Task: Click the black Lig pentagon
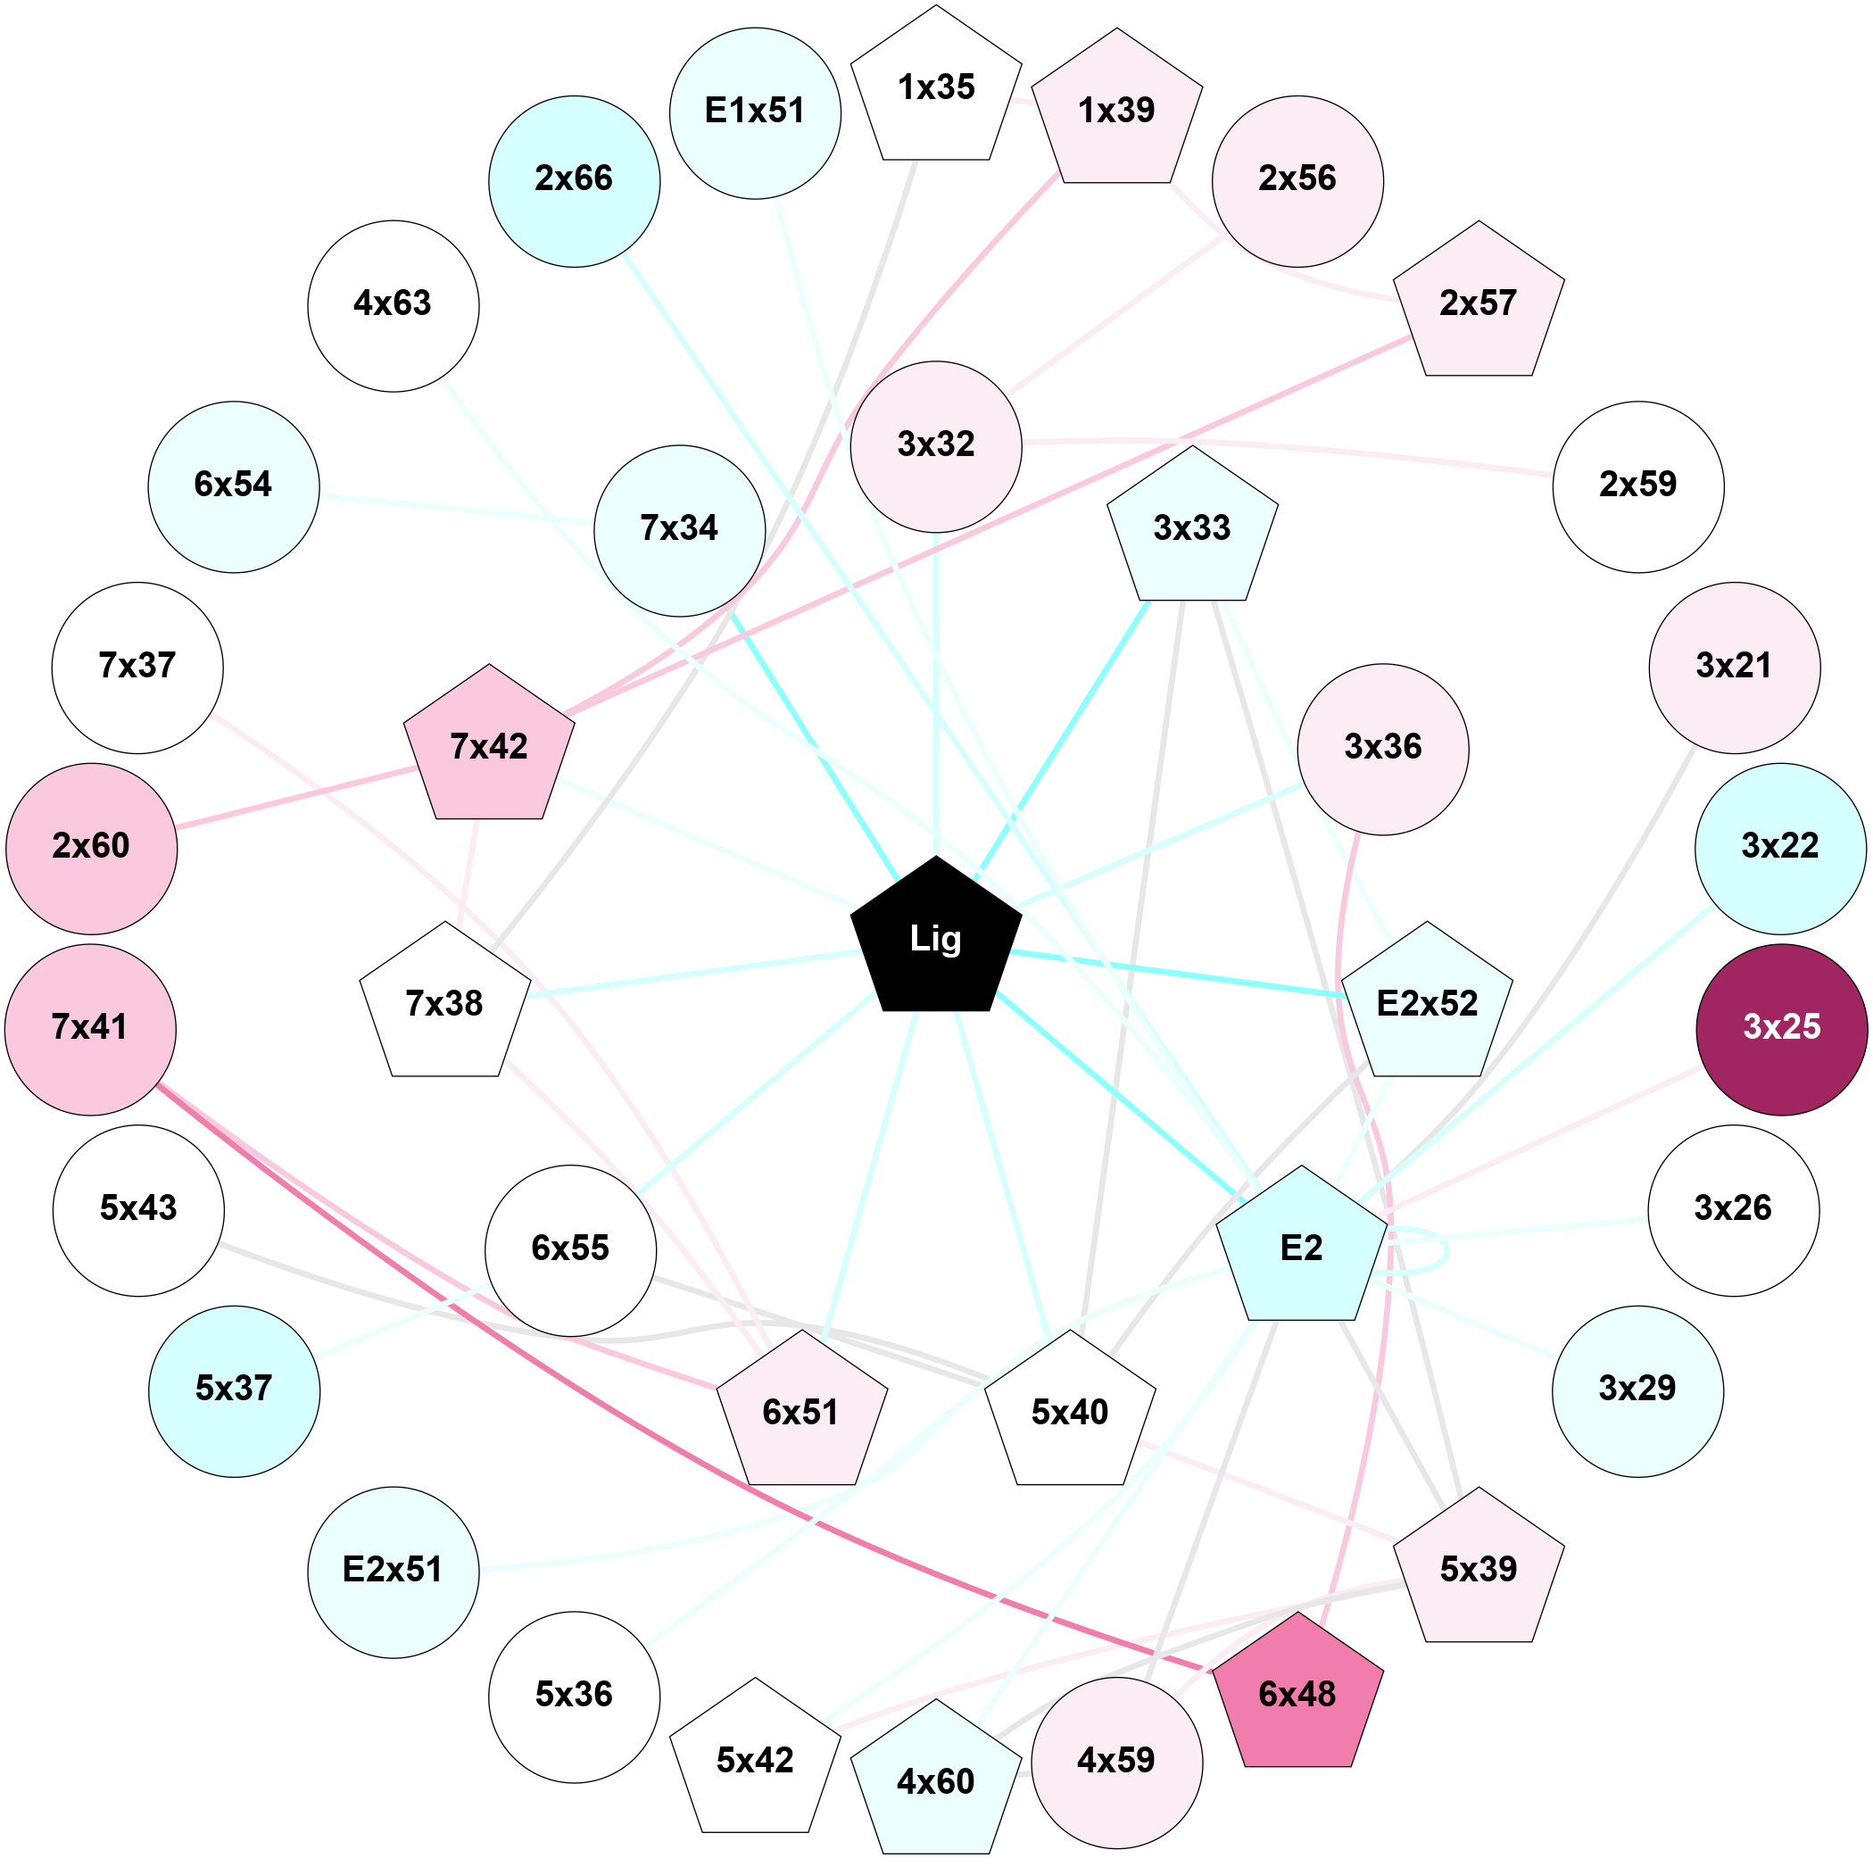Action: (x=935, y=939)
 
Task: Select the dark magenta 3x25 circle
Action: (x=1781, y=1029)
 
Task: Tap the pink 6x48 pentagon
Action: (x=1297, y=1695)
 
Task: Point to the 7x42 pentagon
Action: (x=489, y=746)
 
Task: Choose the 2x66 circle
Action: (x=575, y=181)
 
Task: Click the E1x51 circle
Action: (x=755, y=113)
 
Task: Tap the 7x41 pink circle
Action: (x=90, y=1029)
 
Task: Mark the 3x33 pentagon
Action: (x=1192, y=528)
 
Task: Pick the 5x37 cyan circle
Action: (x=234, y=1390)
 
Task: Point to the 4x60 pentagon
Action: (x=935, y=1782)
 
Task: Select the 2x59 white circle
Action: (x=1638, y=486)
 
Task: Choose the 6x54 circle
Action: (x=234, y=486)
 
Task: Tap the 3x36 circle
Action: (x=1383, y=748)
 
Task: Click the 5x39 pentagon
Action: (x=1478, y=1569)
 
